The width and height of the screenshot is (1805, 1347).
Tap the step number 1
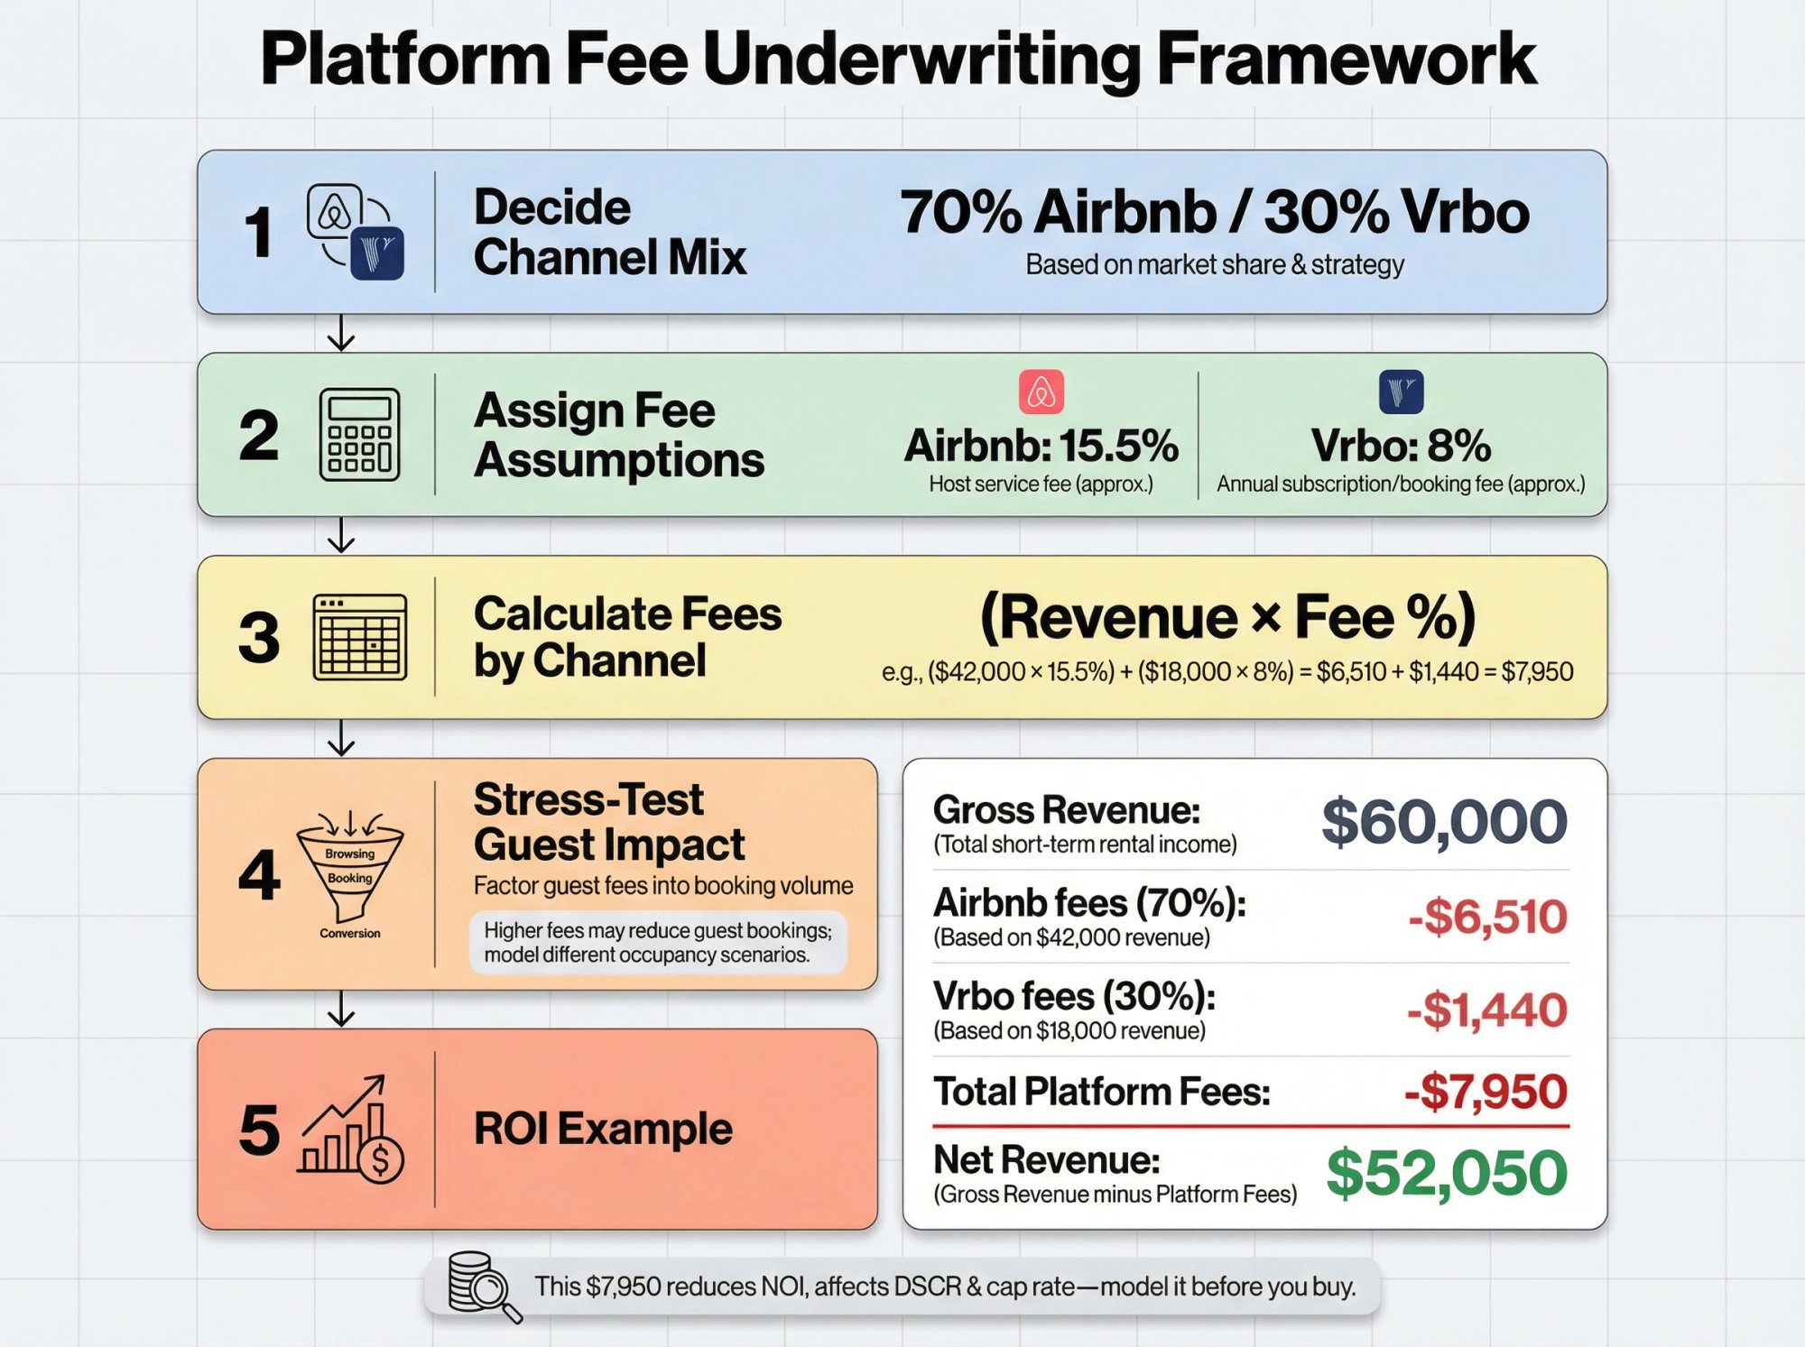pos(259,232)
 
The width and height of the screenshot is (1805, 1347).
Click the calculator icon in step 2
pos(359,435)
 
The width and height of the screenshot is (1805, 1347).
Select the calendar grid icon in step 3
pos(359,637)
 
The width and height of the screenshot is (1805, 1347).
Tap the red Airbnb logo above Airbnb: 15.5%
pos(1041,392)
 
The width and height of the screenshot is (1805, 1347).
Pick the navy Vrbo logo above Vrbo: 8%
pos(1401,392)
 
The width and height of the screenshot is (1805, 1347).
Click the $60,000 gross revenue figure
pos(1444,821)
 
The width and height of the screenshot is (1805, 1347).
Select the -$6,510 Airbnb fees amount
pos(1487,917)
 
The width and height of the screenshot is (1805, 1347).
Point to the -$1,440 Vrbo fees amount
pos(1487,1010)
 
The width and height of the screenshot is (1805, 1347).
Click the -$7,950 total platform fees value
pos(1486,1092)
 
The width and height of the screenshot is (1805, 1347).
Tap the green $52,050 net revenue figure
pos(1447,1173)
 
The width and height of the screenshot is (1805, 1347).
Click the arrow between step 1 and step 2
pos(341,333)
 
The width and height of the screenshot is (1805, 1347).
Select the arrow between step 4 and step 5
pos(341,1009)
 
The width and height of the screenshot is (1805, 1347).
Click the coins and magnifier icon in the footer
pos(484,1286)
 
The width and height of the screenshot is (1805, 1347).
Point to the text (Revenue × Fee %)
pos(1227,618)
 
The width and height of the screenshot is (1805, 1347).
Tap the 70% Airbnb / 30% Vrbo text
pos(1215,213)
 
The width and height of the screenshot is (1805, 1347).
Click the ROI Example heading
pos(603,1129)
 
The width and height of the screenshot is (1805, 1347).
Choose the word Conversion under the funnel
pos(350,933)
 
